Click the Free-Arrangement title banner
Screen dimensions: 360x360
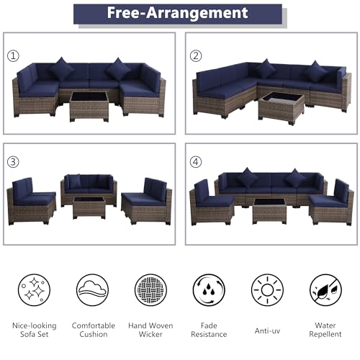[178, 14]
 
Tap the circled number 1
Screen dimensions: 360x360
[13, 56]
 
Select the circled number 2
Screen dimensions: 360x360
[196, 56]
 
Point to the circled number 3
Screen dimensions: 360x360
[13, 162]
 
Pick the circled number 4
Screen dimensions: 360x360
[196, 162]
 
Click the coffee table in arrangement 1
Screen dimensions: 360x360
[89, 107]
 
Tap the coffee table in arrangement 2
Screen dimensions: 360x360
[282, 109]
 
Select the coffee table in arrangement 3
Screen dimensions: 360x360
[89, 208]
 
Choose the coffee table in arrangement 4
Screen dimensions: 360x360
[269, 211]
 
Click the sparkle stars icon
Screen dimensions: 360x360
[34, 290]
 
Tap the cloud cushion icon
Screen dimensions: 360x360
[92, 290]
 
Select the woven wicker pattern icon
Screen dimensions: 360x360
[150, 290]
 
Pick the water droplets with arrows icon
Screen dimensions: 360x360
[209, 290]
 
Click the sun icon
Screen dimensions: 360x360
[267, 290]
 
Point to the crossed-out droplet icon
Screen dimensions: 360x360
[325, 290]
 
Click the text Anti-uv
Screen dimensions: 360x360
[267, 331]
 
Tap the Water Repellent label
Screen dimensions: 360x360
[325, 330]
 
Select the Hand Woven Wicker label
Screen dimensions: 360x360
[150, 330]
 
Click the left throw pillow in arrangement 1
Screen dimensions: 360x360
[62, 68]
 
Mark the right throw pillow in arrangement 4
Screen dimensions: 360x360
[294, 178]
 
